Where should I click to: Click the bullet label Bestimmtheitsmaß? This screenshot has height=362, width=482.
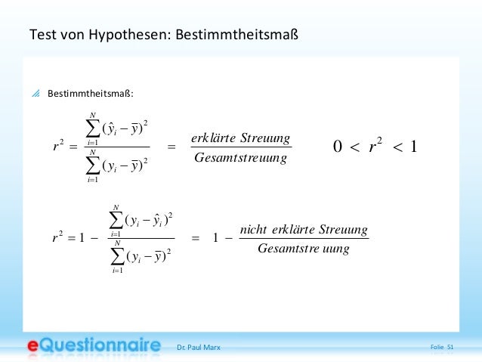pyautogui.click(x=91, y=94)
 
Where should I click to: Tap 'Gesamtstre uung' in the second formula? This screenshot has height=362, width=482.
pyautogui.click(x=303, y=248)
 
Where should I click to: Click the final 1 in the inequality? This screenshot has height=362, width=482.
pyautogui.click(x=412, y=147)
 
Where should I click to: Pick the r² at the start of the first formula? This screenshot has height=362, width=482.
pyautogui.click(x=57, y=147)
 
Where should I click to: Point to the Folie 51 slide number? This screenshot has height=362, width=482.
pyautogui.click(x=441, y=347)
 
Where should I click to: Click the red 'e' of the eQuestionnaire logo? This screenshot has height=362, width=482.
pyautogui.click(x=35, y=346)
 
